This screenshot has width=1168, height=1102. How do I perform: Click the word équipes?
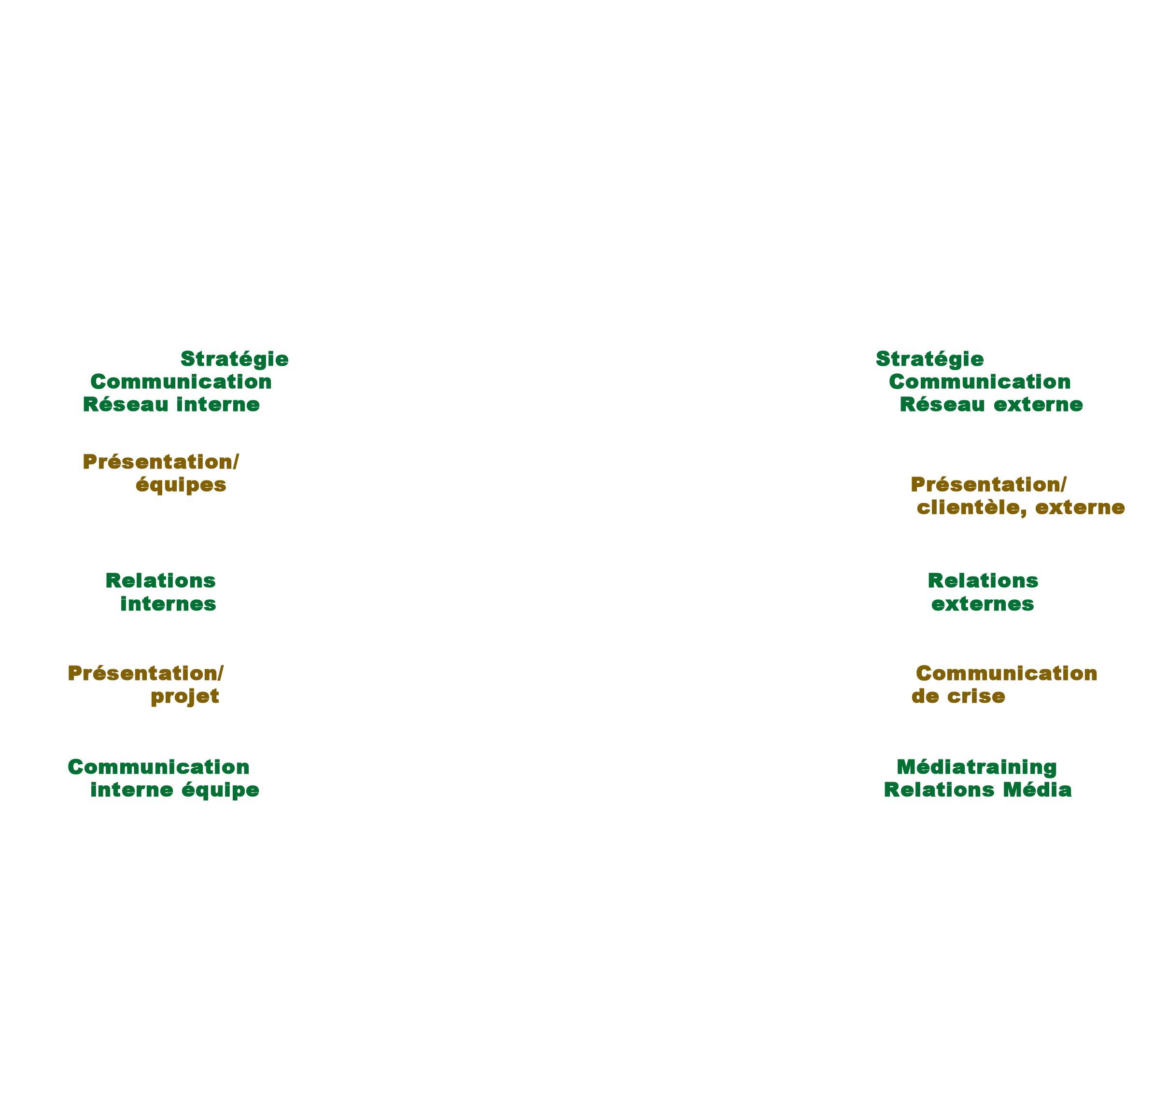tap(181, 485)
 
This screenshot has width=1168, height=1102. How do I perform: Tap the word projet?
tap(184, 696)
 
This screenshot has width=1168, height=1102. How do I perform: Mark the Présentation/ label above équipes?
tap(160, 462)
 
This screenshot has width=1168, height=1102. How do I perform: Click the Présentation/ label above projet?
tap(146, 674)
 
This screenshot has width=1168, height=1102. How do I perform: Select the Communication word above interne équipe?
tap(159, 767)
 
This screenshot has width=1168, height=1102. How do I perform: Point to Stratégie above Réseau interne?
tap(235, 359)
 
